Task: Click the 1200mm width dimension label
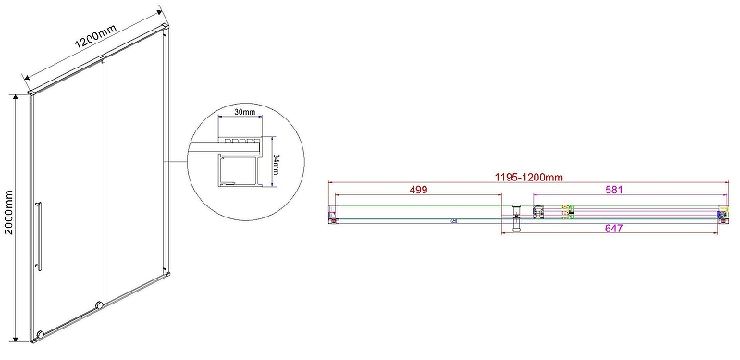pos(95,37)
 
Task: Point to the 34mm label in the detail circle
pos(277,164)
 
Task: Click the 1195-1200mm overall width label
pos(529,177)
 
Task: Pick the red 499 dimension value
pos(418,190)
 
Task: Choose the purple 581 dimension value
pos(613,190)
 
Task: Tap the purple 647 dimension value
pos(613,229)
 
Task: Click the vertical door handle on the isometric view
pos(39,236)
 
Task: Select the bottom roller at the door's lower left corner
pos(40,334)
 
